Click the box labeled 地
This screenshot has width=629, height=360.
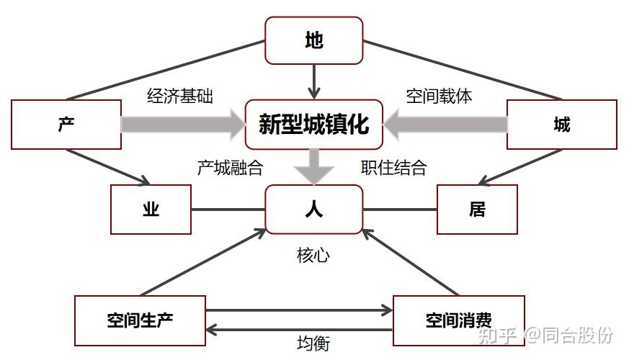[313, 41]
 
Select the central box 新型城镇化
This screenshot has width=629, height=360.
[313, 125]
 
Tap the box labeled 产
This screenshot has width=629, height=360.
[66, 125]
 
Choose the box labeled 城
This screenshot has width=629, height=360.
[562, 125]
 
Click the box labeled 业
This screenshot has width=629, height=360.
[151, 210]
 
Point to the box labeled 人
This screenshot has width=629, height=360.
[313, 210]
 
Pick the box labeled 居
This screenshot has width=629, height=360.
[477, 210]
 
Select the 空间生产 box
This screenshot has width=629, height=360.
[140, 320]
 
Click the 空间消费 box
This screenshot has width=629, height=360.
[458, 320]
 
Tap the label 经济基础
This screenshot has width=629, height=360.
[180, 96]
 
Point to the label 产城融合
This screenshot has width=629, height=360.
[230, 168]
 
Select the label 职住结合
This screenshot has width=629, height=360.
[393, 168]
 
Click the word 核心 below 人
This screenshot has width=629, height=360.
[313, 256]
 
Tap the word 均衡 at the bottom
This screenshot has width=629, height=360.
[313, 343]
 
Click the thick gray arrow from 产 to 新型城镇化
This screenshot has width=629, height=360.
[182, 125]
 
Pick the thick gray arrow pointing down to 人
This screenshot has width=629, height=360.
[313, 166]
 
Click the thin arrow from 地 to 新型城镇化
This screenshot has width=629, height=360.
[313, 81]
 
